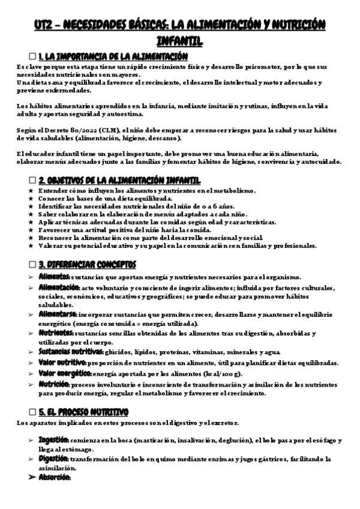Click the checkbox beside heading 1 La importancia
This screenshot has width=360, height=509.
click(33, 55)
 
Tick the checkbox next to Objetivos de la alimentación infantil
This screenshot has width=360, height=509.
click(33, 181)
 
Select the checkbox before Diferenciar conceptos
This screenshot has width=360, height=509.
click(33, 265)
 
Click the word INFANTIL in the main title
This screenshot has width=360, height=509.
click(179, 40)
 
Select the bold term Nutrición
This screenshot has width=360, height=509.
click(54, 384)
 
